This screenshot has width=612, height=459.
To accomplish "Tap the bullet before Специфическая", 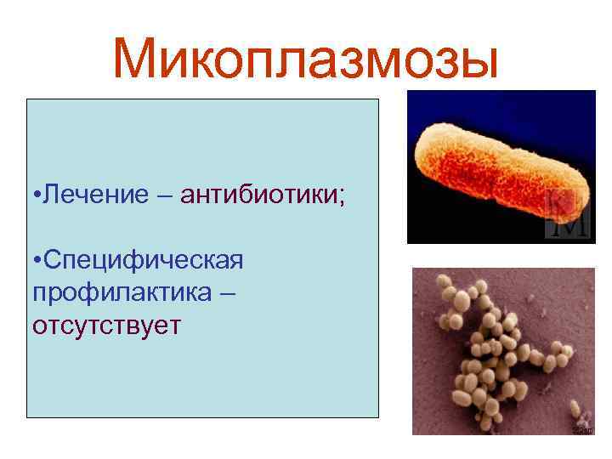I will (x=37, y=259).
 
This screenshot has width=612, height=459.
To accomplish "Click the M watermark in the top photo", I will (x=568, y=217).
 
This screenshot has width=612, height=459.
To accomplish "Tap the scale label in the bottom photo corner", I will (x=584, y=430).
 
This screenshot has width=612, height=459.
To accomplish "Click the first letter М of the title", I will (x=138, y=59).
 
